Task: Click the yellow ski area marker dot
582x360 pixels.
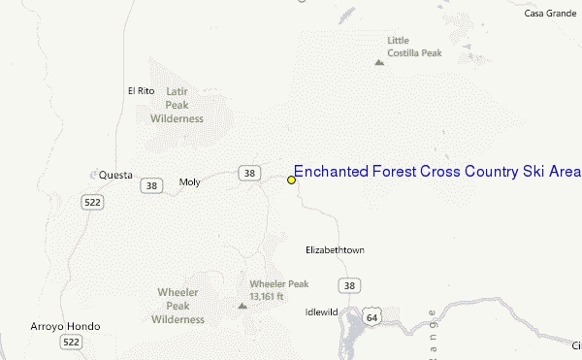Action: [x=291, y=180]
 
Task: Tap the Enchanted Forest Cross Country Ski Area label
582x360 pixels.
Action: [x=436, y=172]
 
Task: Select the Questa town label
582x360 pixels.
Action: [x=115, y=176]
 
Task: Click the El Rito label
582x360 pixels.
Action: [x=141, y=91]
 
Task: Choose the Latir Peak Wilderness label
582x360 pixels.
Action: [x=177, y=104]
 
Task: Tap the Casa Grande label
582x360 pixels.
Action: [x=550, y=14]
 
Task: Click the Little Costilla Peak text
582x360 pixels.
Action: [x=407, y=47]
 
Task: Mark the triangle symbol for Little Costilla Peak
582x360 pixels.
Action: [x=378, y=63]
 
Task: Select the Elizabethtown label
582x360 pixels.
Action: [x=335, y=250]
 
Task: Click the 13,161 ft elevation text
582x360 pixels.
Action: [x=266, y=296]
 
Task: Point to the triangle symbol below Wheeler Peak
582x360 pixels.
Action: [x=242, y=306]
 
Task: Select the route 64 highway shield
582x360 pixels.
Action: [x=372, y=316]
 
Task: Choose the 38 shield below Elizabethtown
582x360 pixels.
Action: [x=348, y=284]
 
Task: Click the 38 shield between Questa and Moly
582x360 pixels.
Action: [x=150, y=184]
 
